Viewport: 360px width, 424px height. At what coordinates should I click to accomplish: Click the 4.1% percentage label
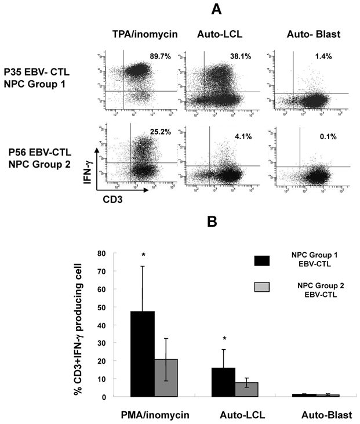click(232, 138)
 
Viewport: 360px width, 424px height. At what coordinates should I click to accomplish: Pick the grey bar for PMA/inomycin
click(167, 378)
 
